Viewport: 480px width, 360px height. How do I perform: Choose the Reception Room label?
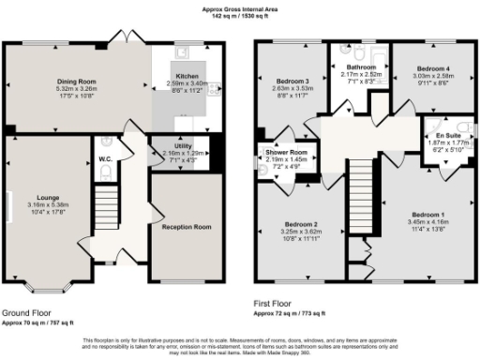tap(185, 228)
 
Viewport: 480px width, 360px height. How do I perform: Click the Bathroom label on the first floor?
tap(360, 68)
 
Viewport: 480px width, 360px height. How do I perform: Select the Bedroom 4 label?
tap(432, 69)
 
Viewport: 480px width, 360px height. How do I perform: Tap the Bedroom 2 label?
tap(301, 224)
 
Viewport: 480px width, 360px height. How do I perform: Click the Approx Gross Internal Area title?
tap(240, 8)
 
